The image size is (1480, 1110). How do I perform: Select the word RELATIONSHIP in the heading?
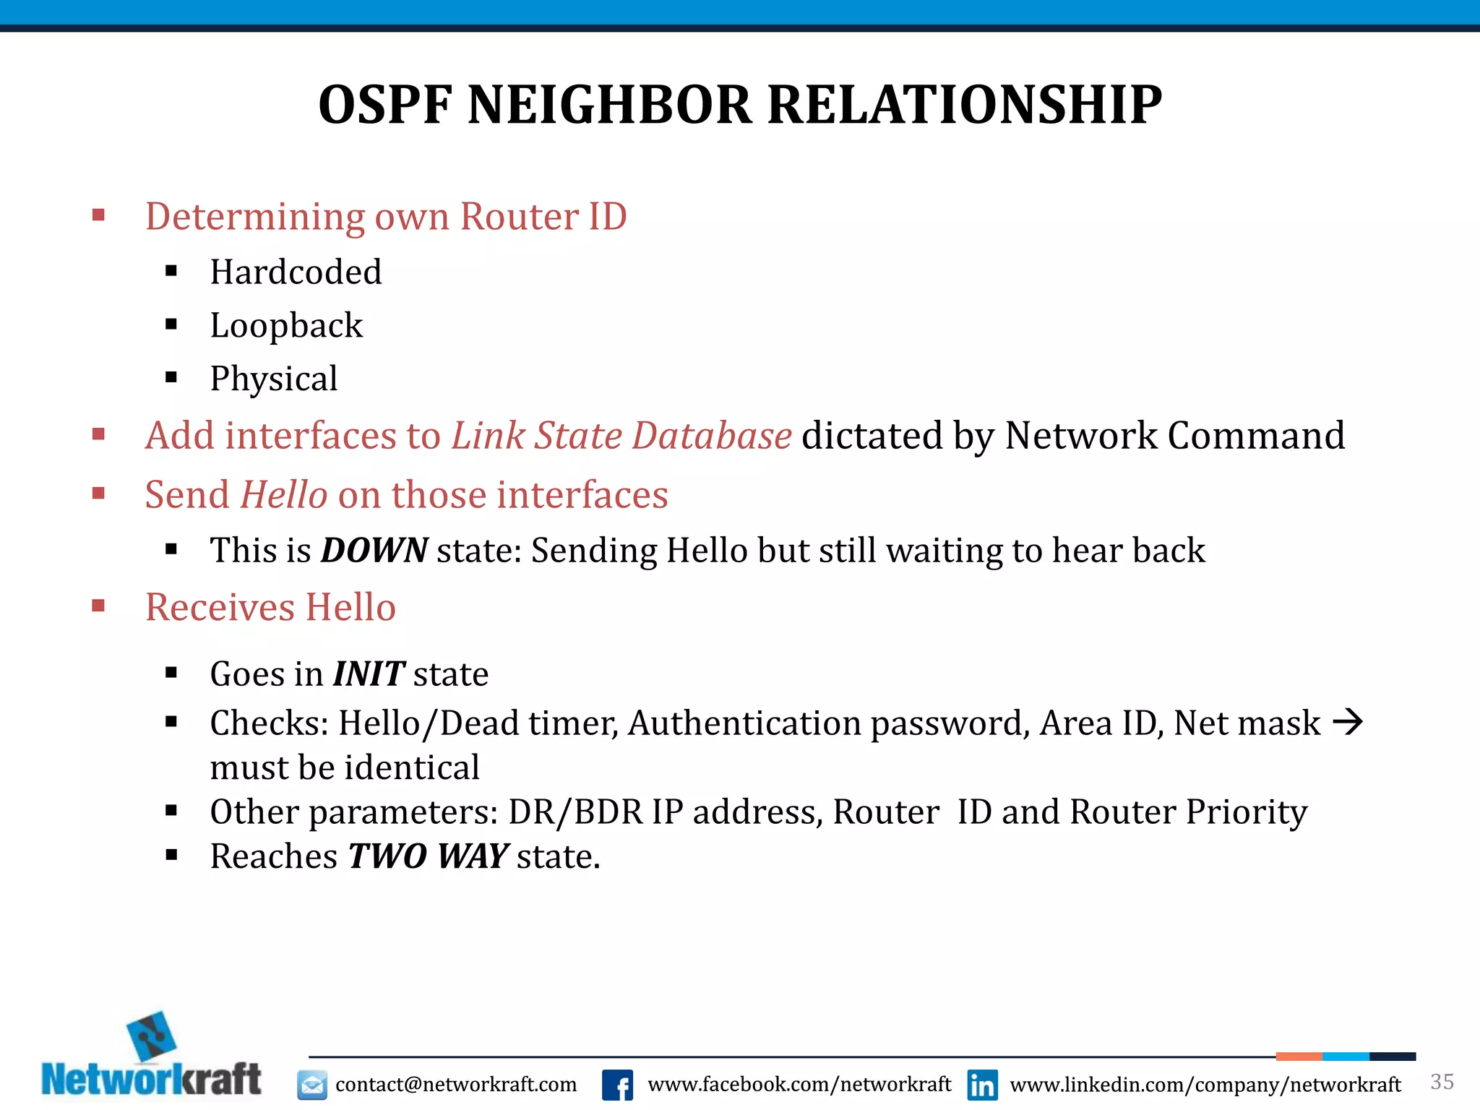pyautogui.click(x=965, y=106)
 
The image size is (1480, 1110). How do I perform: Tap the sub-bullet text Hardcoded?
pyautogui.click(x=296, y=272)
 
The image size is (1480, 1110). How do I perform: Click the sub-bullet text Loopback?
pyautogui.click(x=286, y=326)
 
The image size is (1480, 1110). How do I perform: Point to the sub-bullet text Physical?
pyautogui.click(x=274, y=379)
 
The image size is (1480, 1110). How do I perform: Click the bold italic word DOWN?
pyautogui.click(x=374, y=551)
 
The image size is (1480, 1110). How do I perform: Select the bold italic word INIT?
pyautogui.click(x=368, y=674)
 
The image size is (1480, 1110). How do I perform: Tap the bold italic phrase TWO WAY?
pyautogui.click(x=429, y=856)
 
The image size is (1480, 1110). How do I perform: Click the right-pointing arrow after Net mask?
pyautogui.click(x=1347, y=722)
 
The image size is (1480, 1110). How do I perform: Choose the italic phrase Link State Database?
pyautogui.click(x=621, y=436)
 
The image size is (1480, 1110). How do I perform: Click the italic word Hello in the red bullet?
pyautogui.click(x=284, y=495)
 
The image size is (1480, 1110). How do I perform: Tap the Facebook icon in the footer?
pyautogui.click(x=617, y=1085)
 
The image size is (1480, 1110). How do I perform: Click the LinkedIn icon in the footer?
pyautogui.click(x=982, y=1085)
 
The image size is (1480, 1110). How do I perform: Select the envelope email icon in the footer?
pyautogui.click(x=312, y=1085)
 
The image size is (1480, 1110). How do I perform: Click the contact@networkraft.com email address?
pyautogui.click(x=456, y=1085)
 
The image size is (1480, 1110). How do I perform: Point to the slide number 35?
pyautogui.click(x=1442, y=1082)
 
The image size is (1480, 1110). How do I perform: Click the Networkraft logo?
pyautogui.click(x=152, y=1057)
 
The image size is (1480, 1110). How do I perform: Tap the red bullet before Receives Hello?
pyautogui.click(x=99, y=606)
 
